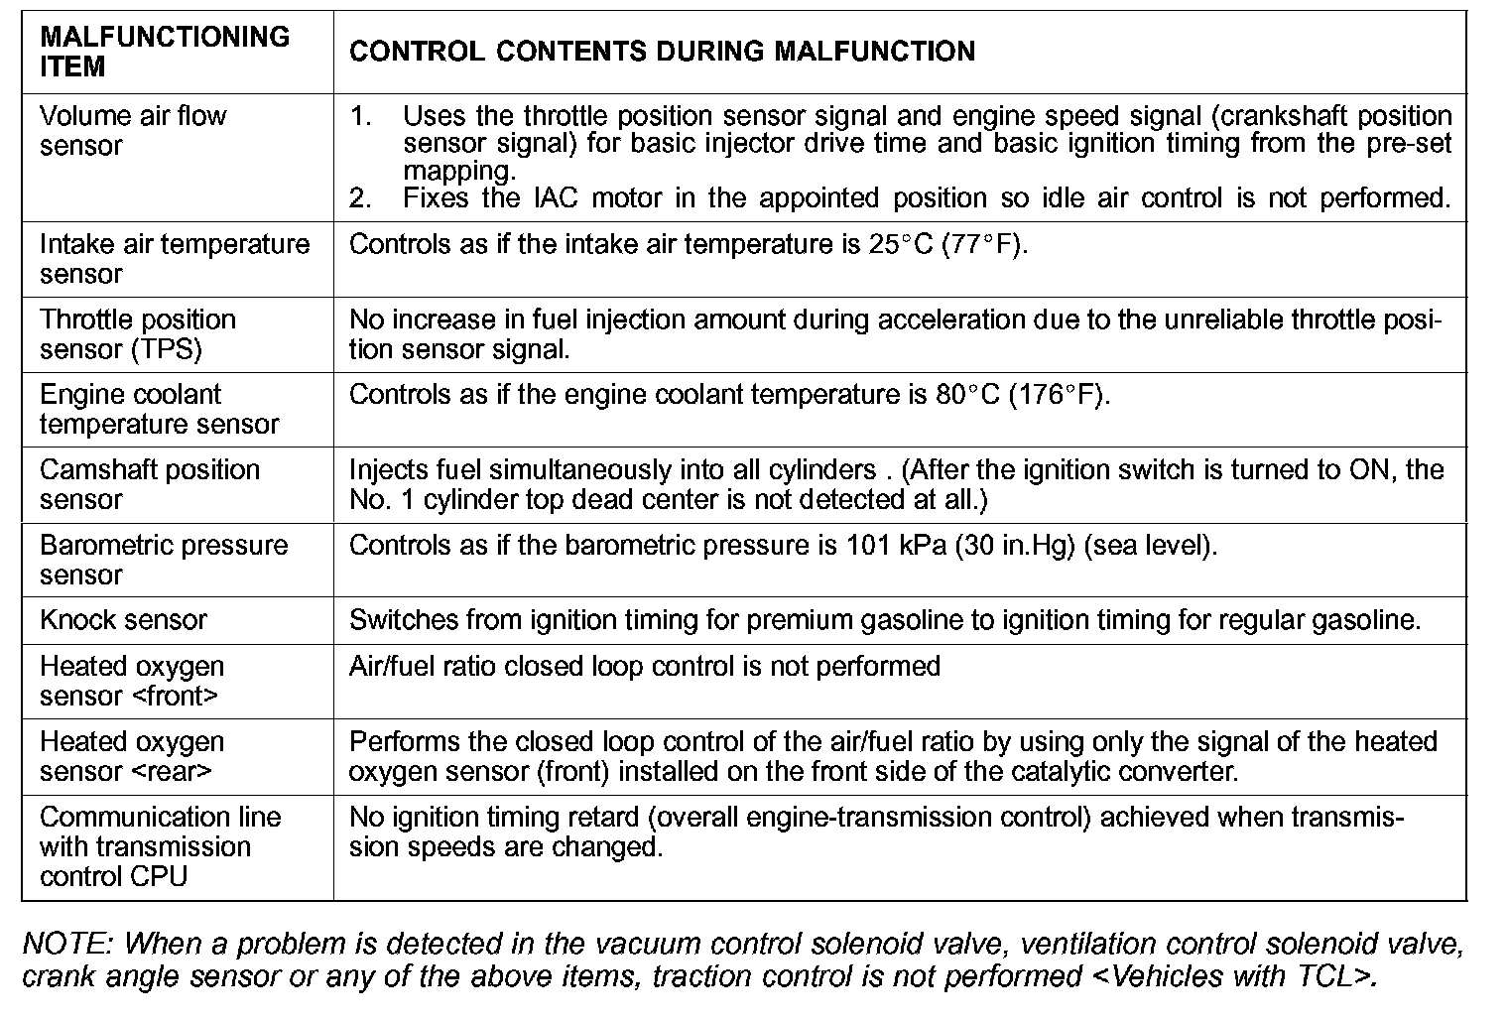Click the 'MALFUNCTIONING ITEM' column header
[165, 52]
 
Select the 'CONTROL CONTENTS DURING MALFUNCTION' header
[662, 52]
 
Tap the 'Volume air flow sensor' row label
[133, 131]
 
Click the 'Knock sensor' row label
[123, 621]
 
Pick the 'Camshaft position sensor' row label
[149, 484]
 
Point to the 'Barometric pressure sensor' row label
[163, 560]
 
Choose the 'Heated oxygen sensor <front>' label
[131, 681]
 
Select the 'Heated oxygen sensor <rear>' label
[131, 756]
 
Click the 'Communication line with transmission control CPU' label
[160, 846]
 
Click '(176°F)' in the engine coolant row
[1059, 396]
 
